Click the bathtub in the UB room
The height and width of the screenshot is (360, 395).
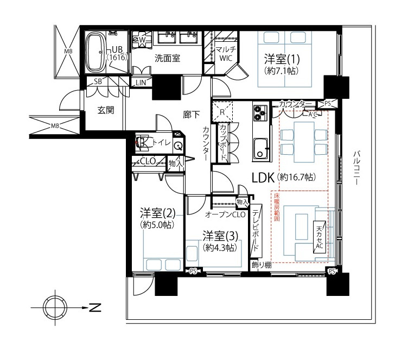point(95,52)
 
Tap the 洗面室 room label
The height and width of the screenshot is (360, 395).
point(167,59)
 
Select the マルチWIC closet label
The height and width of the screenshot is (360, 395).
point(226,53)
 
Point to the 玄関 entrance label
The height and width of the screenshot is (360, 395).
point(106,110)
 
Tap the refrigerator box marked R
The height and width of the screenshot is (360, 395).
point(222,112)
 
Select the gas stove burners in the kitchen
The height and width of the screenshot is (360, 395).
point(260,113)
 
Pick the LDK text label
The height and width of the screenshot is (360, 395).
point(263,178)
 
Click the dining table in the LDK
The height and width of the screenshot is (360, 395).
point(304,142)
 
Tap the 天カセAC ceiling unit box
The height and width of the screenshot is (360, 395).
point(319,237)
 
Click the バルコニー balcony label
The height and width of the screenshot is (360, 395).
point(356,168)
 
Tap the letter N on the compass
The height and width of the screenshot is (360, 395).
point(95,307)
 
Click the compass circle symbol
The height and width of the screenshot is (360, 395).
point(55,307)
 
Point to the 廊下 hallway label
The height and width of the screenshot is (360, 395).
point(192,115)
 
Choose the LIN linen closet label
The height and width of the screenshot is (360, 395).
point(141,83)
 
